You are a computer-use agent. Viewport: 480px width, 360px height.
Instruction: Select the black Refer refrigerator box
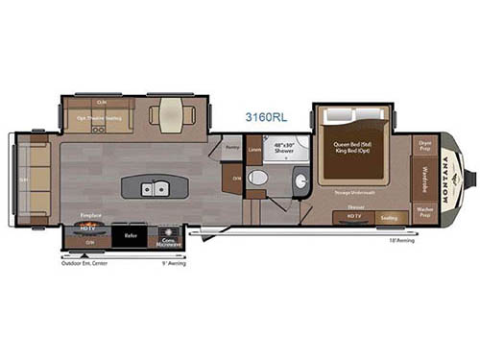coord(130,234)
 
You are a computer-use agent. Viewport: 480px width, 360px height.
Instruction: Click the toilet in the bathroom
coord(258,180)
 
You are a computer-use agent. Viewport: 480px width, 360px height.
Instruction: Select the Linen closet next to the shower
coord(254,150)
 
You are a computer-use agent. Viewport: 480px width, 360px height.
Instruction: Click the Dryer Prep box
coord(425,145)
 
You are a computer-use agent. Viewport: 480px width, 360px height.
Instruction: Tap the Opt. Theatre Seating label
coord(98,119)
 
